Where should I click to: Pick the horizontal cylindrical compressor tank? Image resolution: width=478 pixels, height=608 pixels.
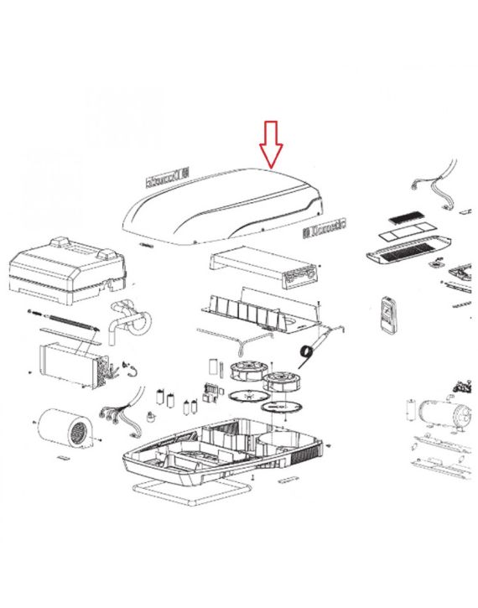440,412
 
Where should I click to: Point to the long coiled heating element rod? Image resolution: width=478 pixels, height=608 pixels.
65,319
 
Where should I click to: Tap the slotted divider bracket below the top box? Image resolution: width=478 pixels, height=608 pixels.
252,308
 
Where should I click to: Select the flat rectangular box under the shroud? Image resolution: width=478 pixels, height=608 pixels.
264,267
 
